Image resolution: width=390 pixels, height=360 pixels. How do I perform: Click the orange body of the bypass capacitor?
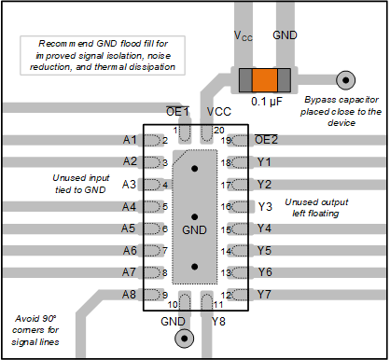[264, 80]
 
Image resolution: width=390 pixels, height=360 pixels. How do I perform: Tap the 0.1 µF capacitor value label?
[267, 102]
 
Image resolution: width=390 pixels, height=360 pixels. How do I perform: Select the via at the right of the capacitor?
[345, 80]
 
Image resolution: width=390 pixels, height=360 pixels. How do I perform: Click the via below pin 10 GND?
[185, 339]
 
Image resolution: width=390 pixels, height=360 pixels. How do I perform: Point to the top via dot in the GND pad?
[195, 169]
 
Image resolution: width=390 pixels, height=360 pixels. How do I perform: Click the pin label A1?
[130, 140]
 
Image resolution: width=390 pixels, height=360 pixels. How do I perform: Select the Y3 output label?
[265, 207]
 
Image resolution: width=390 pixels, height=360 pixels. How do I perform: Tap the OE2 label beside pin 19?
[266, 140]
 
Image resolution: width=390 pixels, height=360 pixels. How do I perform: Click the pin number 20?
[219, 131]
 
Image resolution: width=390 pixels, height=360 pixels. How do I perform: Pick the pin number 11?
[218, 305]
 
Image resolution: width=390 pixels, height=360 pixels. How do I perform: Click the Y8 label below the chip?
[218, 322]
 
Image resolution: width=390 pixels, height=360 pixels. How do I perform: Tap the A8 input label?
[129, 295]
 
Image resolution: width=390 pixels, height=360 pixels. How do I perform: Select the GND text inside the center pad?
[194, 230]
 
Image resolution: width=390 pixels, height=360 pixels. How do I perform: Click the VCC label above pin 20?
[219, 112]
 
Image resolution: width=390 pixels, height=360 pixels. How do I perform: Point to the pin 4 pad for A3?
[153, 185]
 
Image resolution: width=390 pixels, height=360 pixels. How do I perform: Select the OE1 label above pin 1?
[177, 112]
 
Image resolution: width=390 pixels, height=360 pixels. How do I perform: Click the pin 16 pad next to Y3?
[240, 207]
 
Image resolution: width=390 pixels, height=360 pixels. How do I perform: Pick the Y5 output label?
[264, 251]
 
